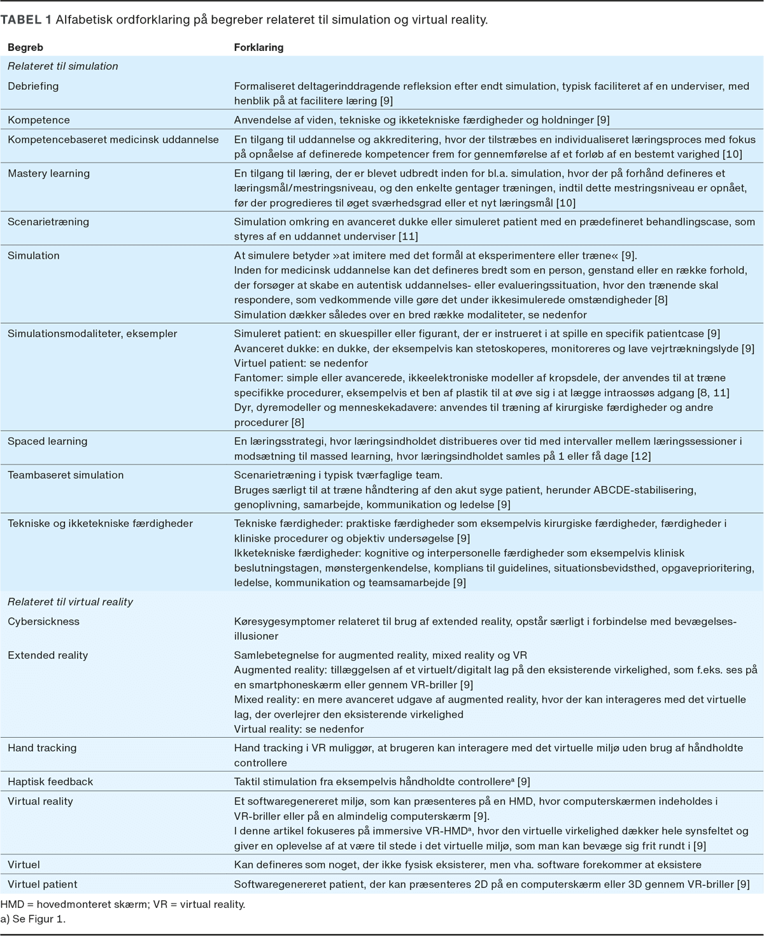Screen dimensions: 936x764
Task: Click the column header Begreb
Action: tap(25, 48)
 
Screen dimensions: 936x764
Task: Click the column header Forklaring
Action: tap(258, 48)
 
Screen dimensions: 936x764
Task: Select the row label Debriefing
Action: tap(33, 86)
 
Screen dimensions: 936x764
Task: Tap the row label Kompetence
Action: tap(39, 120)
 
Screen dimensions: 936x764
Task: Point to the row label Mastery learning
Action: tap(48, 173)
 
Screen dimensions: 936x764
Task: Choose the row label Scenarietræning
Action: tap(48, 222)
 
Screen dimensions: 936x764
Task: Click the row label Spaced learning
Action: tap(48, 441)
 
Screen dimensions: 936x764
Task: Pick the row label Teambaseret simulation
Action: tap(66, 475)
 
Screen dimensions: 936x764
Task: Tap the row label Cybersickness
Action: tap(43, 621)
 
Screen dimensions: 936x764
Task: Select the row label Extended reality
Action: tap(48, 655)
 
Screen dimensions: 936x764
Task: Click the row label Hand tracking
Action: tap(42, 747)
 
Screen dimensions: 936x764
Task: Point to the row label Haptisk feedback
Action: tap(50, 781)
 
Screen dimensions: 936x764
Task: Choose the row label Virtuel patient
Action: tap(43, 884)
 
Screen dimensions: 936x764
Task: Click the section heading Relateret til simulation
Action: tap(63, 66)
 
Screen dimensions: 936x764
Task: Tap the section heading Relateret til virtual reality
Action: tap(70, 601)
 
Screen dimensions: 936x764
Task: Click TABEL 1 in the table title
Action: tap(25, 20)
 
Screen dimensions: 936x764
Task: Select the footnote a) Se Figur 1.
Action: tap(33, 919)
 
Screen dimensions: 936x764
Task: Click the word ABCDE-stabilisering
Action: tap(644, 490)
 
